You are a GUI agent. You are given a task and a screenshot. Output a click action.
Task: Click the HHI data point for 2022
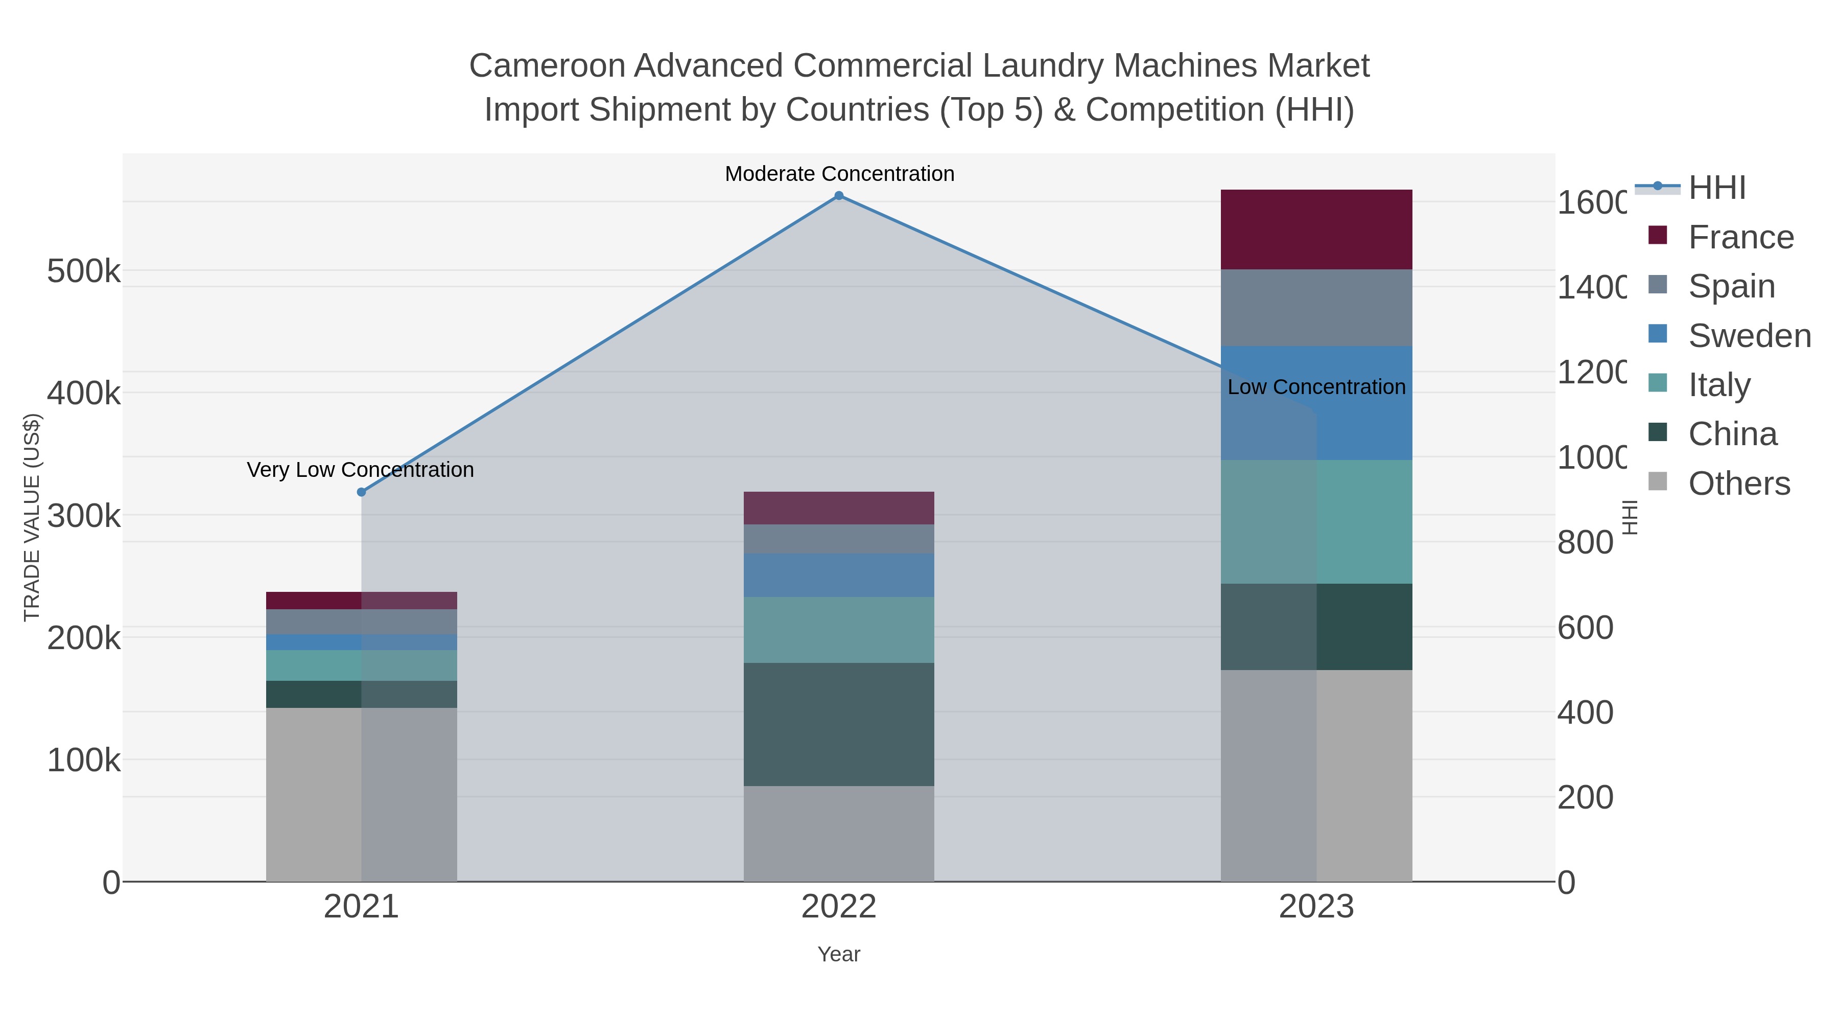pos(839,196)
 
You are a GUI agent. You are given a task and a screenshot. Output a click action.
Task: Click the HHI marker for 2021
pos(361,492)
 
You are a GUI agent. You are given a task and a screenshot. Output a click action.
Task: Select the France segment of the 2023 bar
pos(1316,229)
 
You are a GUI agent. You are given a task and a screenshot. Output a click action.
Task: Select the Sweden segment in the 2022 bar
pos(839,575)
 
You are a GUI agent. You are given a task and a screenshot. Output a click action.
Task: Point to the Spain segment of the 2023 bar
pos(1316,308)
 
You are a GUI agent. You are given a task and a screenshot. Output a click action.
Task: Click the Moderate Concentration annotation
pos(839,174)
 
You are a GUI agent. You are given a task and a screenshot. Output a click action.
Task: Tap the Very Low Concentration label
pos(361,470)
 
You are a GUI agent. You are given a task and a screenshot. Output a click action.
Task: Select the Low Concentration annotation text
pos(1316,387)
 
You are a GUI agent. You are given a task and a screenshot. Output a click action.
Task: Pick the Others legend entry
pos(1738,484)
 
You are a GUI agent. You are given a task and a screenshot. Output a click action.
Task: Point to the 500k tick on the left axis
pos(84,272)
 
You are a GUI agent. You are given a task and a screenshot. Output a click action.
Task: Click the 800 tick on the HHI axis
pos(1585,543)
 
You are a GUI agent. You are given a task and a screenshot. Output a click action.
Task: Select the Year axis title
pos(839,954)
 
